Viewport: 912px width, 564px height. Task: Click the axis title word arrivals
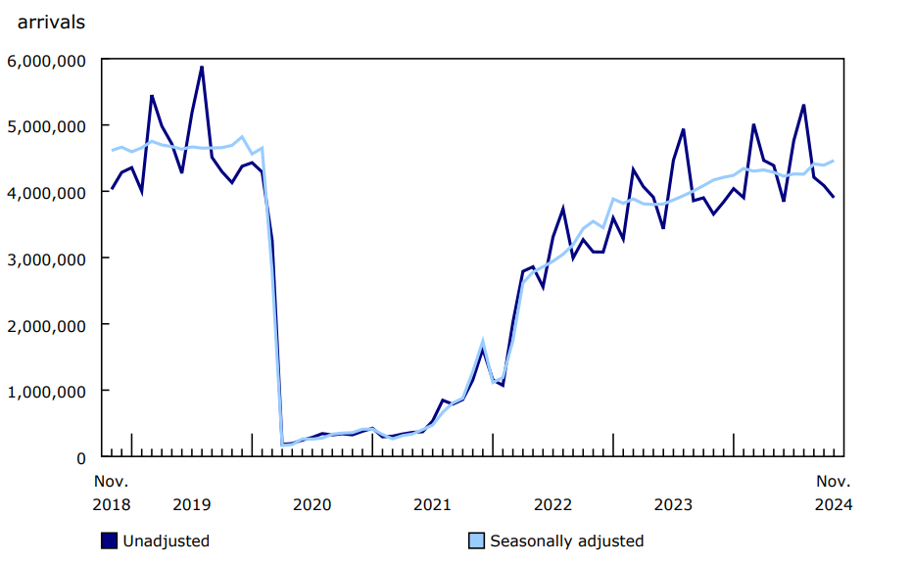click(x=51, y=22)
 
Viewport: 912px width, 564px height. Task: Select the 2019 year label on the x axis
click(x=192, y=504)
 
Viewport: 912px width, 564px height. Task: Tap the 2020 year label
click(x=312, y=504)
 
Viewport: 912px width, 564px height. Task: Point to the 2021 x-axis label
click(x=433, y=504)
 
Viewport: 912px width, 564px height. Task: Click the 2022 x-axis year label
click(x=553, y=504)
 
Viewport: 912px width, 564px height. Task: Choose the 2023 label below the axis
click(x=674, y=504)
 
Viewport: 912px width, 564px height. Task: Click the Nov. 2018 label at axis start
click(x=112, y=493)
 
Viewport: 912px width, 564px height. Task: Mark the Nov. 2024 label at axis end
click(x=834, y=493)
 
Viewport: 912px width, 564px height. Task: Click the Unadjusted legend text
click(x=166, y=540)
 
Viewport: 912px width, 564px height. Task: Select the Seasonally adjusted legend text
click(x=567, y=540)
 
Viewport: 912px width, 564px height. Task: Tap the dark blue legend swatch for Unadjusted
click(x=110, y=540)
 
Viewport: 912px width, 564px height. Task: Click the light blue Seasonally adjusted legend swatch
click(x=477, y=540)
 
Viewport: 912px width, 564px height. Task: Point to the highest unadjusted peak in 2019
click(x=202, y=67)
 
